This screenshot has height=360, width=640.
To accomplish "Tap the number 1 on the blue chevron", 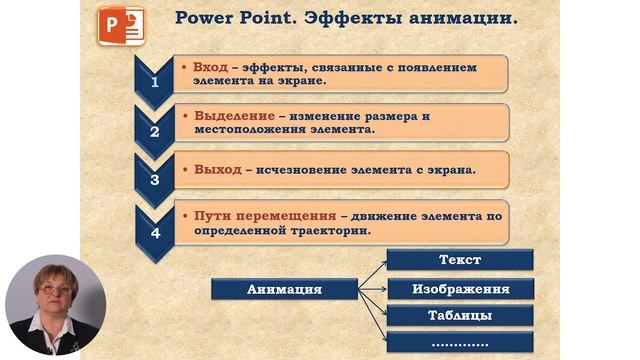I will tap(154, 82).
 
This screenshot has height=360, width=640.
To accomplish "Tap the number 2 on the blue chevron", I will tap(154, 130).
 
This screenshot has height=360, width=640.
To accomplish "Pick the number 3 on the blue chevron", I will tap(154, 180).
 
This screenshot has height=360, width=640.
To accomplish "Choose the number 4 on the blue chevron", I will tap(154, 233).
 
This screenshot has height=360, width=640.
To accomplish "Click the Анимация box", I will tap(283, 289).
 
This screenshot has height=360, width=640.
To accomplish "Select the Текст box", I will tap(460, 260).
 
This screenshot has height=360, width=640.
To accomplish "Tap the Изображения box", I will tap(460, 289).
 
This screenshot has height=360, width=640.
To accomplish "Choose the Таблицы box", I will tap(460, 316).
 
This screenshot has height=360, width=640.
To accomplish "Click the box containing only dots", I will tap(460, 344).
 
